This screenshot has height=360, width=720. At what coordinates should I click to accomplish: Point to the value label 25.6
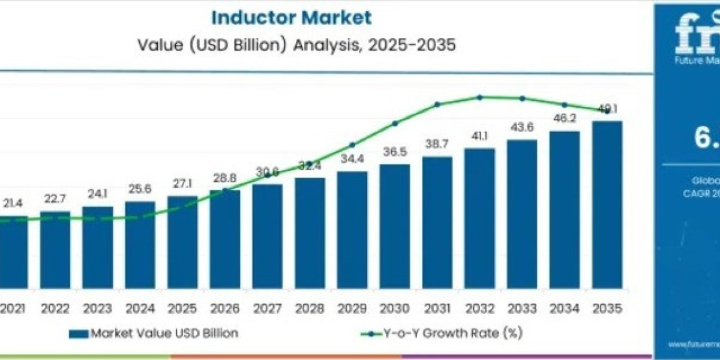(140, 190)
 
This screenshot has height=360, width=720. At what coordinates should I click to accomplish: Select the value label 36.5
(394, 152)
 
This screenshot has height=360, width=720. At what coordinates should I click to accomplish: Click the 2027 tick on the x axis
(267, 308)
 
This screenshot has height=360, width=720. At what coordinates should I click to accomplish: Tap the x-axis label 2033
(521, 308)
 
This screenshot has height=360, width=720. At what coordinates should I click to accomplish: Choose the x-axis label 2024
(140, 308)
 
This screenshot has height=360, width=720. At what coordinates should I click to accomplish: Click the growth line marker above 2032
(479, 97)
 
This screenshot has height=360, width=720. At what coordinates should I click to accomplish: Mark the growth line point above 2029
(352, 145)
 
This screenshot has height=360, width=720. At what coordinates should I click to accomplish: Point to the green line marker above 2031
(437, 104)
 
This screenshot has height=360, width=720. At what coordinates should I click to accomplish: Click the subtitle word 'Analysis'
(322, 46)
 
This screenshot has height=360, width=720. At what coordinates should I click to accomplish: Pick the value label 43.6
(521, 128)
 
